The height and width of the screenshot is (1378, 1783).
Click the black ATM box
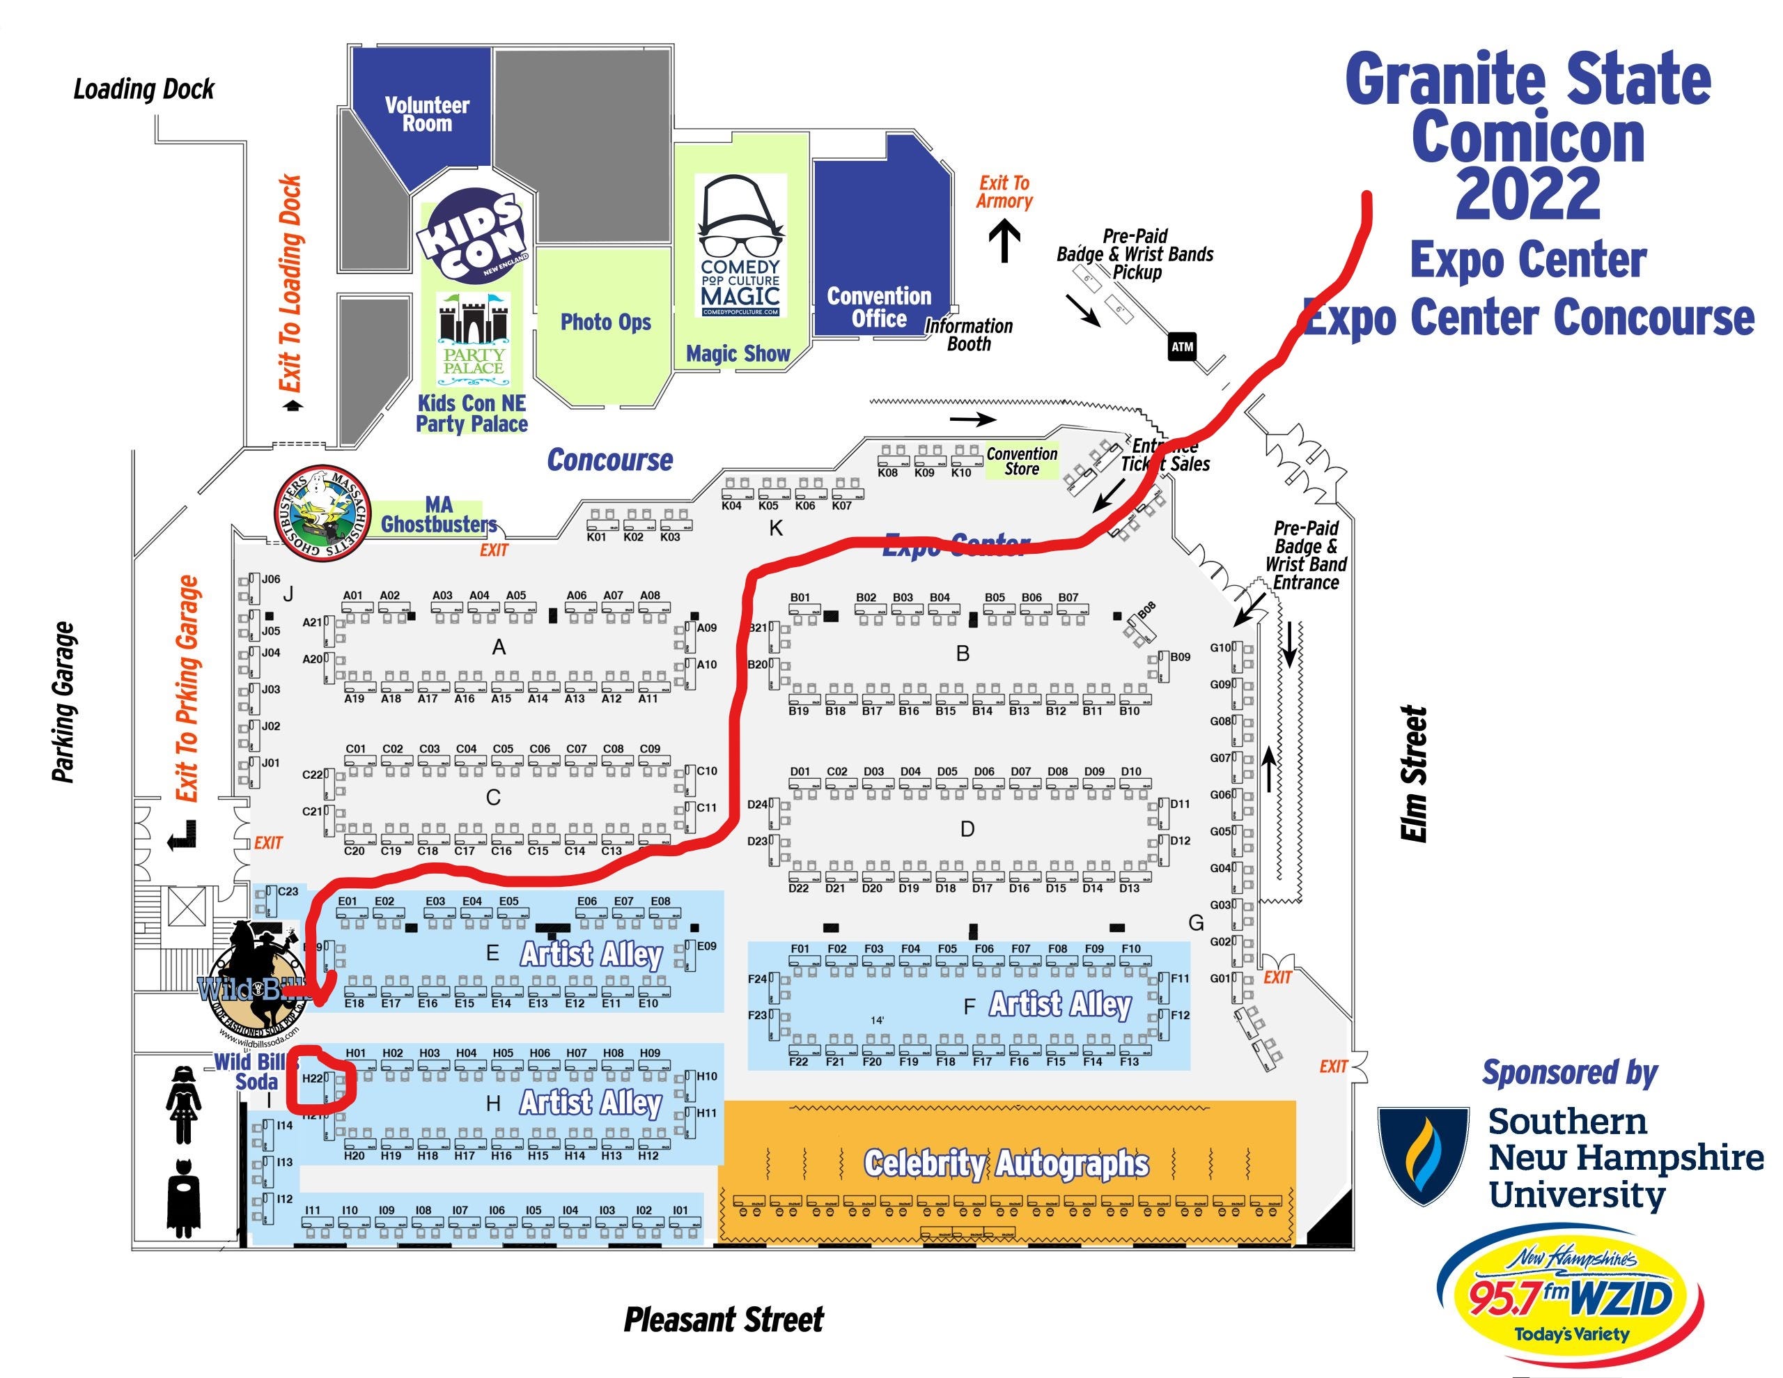(x=1182, y=347)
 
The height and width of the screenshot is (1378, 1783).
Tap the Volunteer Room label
(x=427, y=114)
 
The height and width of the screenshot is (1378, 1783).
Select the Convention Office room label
(x=879, y=307)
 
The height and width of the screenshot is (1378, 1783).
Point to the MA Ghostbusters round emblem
(x=322, y=515)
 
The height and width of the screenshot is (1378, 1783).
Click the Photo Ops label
(x=606, y=322)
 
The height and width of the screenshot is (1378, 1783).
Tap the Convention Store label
(x=1021, y=460)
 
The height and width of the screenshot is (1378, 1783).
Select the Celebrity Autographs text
(x=1006, y=1163)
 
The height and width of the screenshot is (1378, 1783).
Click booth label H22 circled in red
(x=313, y=1078)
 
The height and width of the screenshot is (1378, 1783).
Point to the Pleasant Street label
(x=724, y=1319)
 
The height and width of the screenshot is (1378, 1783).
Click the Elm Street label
(x=1413, y=773)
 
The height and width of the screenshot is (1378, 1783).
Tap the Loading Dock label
(x=143, y=89)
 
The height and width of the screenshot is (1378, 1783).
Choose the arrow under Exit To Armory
(x=1004, y=242)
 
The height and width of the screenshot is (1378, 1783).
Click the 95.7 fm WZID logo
(x=1570, y=1299)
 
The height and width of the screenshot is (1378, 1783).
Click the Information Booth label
(x=968, y=335)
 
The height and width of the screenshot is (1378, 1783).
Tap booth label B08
(x=1146, y=610)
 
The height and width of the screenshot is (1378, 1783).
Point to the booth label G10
(x=1220, y=648)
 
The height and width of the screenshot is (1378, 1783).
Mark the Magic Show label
(x=738, y=354)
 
